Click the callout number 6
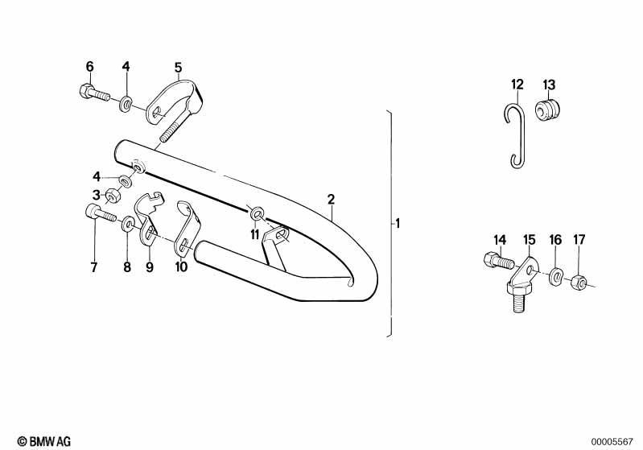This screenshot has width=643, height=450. [90, 67]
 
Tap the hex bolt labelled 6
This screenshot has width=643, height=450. [93, 93]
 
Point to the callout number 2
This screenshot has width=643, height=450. [331, 200]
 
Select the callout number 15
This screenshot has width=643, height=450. [530, 240]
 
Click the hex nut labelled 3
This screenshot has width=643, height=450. [112, 196]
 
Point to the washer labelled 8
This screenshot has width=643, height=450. [127, 225]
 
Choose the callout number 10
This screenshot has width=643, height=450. [181, 266]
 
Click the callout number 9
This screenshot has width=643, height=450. [149, 267]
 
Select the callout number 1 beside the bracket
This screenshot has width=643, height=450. [397, 224]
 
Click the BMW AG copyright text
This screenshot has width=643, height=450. [44, 441]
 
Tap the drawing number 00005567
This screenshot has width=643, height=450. [612, 442]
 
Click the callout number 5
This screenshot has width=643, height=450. [178, 68]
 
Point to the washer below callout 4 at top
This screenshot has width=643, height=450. [126, 104]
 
